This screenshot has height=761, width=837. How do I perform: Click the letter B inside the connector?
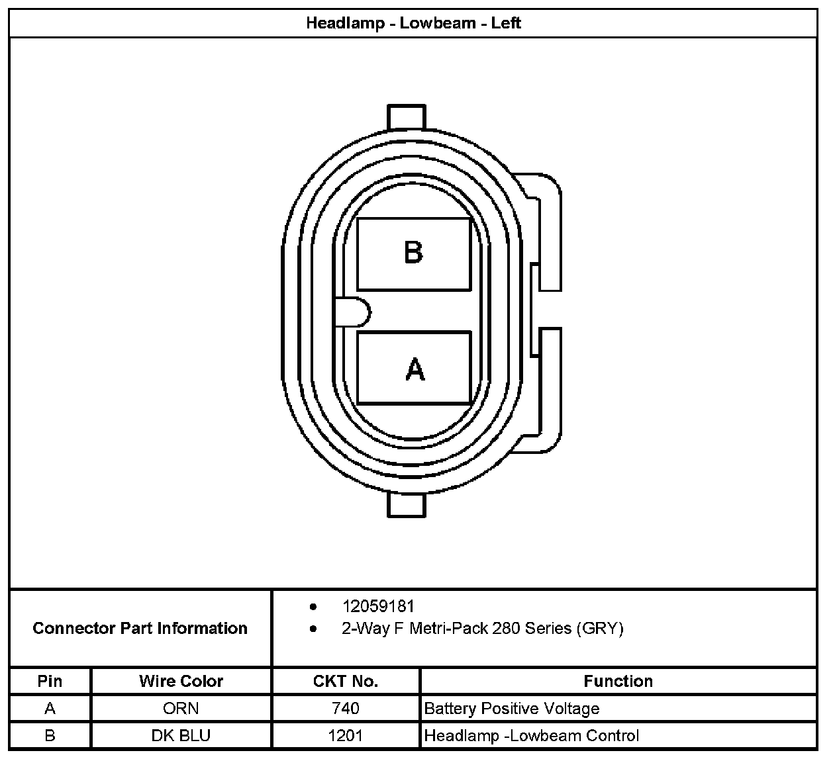pos(414,252)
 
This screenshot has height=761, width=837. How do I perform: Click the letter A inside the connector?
pos(415,369)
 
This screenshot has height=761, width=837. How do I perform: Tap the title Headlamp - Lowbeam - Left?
pos(413,23)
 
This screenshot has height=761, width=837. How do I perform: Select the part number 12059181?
pos(378,606)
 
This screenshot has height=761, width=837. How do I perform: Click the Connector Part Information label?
pos(140,628)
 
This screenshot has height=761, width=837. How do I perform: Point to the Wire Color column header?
pos(181,681)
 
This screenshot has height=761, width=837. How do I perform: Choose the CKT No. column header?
pos(345,681)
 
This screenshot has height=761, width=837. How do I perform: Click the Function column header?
pos(618,681)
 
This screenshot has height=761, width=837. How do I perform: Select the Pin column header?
pos(50,681)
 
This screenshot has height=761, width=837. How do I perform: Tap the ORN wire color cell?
pos(181,709)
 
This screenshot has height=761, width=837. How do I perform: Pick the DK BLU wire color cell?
pos(181,735)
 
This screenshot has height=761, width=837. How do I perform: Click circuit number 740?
pos(345,709)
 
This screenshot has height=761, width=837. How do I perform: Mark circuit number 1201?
pos(345,735)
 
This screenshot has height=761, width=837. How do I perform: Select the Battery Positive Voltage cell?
pos(512,709)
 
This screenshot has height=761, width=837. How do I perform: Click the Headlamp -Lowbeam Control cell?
pos(532,735)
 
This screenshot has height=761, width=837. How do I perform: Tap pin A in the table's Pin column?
pos(50,709)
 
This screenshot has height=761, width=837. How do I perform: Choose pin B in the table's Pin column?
pos(50,735)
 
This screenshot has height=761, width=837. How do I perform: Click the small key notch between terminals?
pos(353,312)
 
